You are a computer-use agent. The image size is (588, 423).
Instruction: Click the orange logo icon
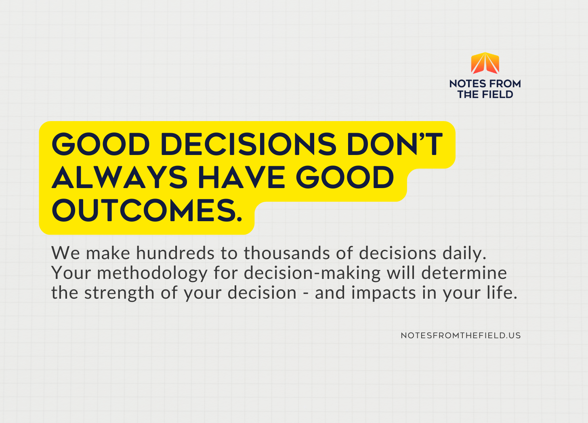click(485, 63)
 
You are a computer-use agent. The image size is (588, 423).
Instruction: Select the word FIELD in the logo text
click(498, 94)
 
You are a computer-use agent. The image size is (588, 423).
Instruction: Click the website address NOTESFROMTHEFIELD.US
click(461, 335)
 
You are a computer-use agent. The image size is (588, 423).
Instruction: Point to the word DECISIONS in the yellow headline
click(248, 144)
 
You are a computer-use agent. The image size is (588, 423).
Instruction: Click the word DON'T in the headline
click(395, 144)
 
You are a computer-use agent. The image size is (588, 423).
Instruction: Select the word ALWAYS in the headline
click(120, 177)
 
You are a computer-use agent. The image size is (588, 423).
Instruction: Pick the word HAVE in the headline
click(242, 177)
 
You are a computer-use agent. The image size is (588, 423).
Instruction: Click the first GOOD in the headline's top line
click(101, 144)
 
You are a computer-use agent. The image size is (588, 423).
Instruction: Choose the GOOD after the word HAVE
click(345, 177)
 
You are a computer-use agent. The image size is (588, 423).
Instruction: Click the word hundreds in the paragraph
click(175, 253)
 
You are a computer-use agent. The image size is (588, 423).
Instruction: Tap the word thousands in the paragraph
click(287, 253)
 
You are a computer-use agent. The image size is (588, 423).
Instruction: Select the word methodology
click(152, 273)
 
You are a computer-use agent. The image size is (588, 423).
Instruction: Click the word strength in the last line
click(119, 293)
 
